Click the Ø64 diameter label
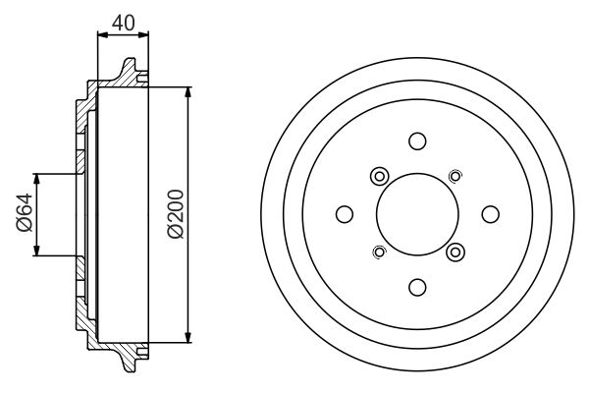tap(26, 213)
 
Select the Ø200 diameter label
tap(176, 214)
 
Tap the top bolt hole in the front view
tap(417, 140)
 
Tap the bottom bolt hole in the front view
tap(417, 286)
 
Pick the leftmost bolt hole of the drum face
tap(344, 213)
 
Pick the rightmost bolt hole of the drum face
tap(490, 213)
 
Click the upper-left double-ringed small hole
tap(379, 176)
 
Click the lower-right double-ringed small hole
tap(455, 252)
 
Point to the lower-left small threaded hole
tap(380, 252)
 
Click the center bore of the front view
tap(417, 213)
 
